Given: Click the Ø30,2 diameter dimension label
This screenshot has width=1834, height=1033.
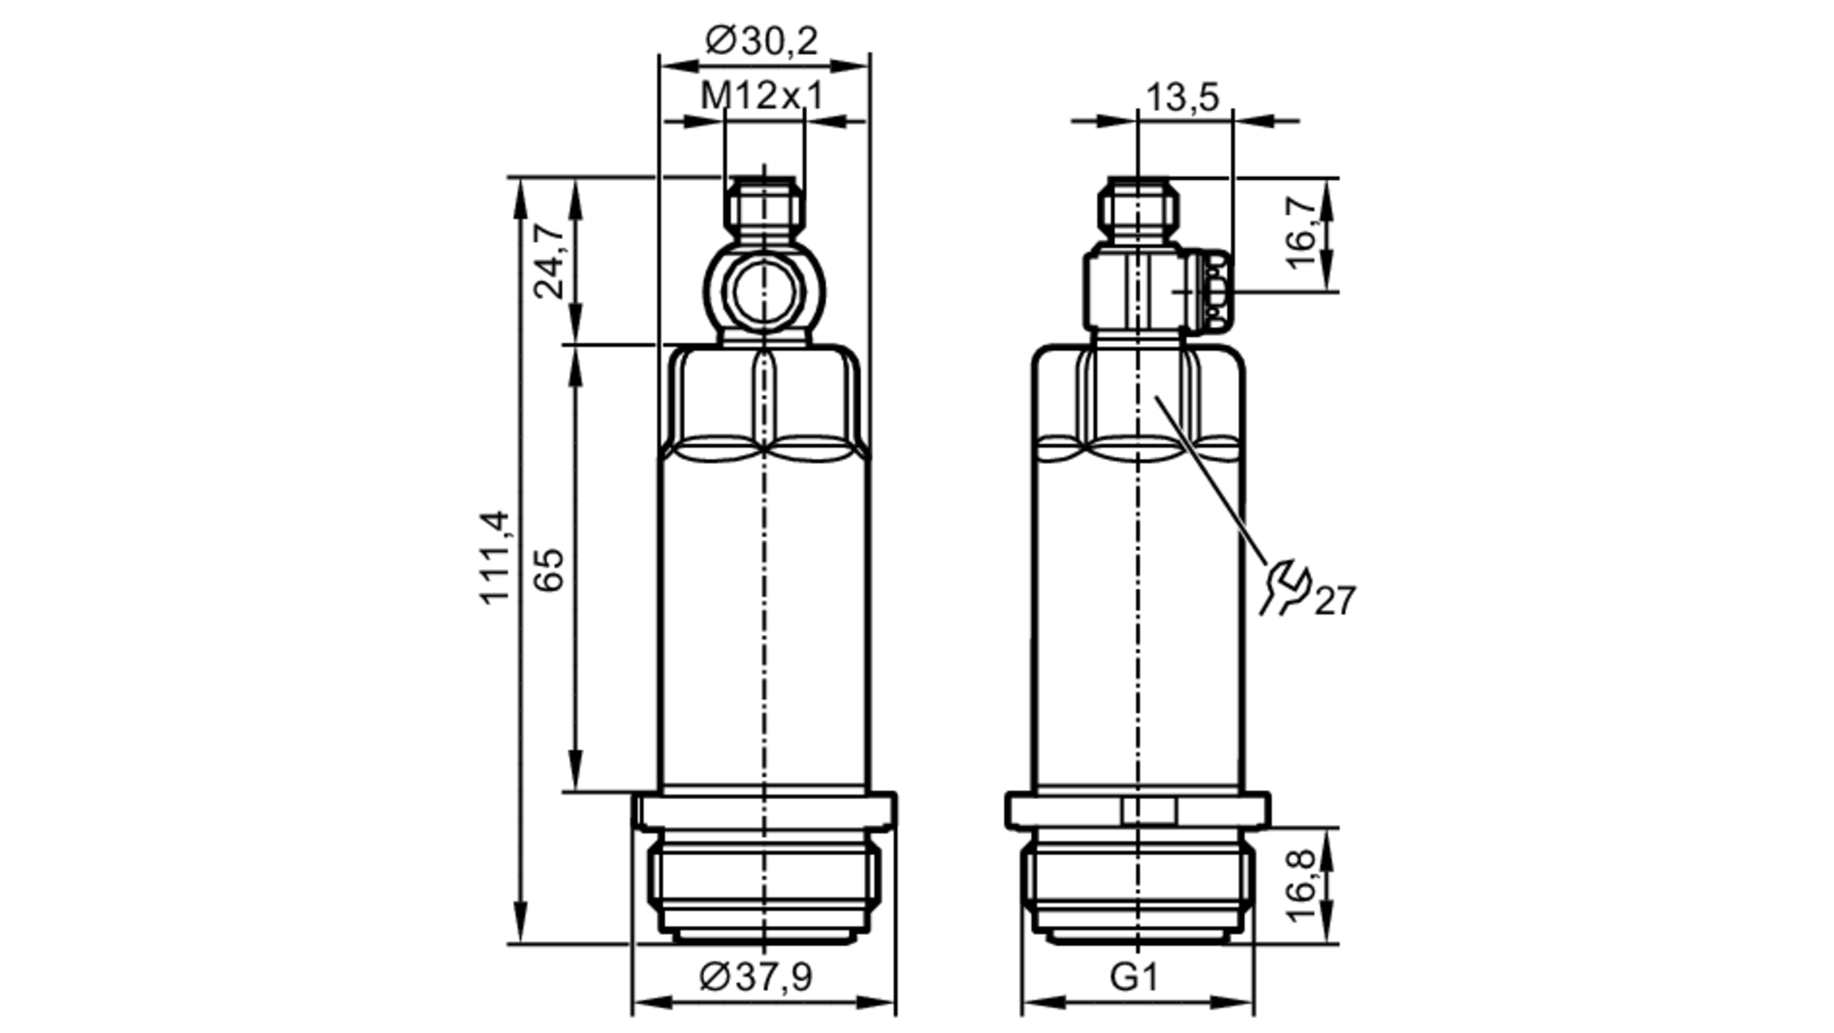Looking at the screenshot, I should [761, 40].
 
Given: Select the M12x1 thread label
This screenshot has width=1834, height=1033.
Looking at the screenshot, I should [762, 95].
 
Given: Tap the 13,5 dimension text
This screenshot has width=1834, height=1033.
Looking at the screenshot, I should [1182, 96].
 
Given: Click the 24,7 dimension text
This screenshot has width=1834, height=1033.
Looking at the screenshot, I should [550, 260].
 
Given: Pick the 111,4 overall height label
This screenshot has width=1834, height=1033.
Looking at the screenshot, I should [495, 556].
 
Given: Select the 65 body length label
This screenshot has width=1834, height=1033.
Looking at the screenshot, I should [549, 569].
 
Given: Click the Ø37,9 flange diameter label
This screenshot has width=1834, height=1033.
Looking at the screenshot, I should [756, 976].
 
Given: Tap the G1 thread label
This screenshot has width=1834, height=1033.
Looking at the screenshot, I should [1134, 977].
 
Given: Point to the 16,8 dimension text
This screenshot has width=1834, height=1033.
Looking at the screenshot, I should [1301, 885].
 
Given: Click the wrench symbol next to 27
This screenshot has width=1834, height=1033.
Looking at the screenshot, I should [1286, 587].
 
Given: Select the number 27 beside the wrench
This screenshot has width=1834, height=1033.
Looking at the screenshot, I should [1335, 601].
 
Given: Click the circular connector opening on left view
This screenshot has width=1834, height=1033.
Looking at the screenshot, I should [764, 292].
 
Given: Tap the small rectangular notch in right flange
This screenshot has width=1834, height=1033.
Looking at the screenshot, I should [1148, 811].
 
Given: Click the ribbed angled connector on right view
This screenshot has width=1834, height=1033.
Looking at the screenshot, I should [1216, 291].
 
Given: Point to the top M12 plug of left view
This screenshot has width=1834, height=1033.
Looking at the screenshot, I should [764, 207].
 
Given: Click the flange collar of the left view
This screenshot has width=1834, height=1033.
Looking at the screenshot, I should [764, 811].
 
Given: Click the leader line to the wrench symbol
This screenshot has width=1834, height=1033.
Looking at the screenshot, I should [1210, 477].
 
